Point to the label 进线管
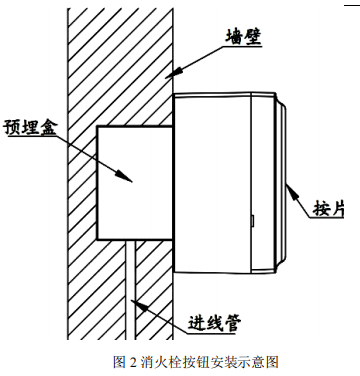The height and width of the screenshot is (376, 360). [x=217, y=322]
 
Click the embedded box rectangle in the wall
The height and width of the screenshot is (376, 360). [x=133, y=183]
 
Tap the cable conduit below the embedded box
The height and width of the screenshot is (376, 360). [x=133, y=290]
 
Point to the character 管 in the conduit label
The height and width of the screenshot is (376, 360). [x=238, y=322]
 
